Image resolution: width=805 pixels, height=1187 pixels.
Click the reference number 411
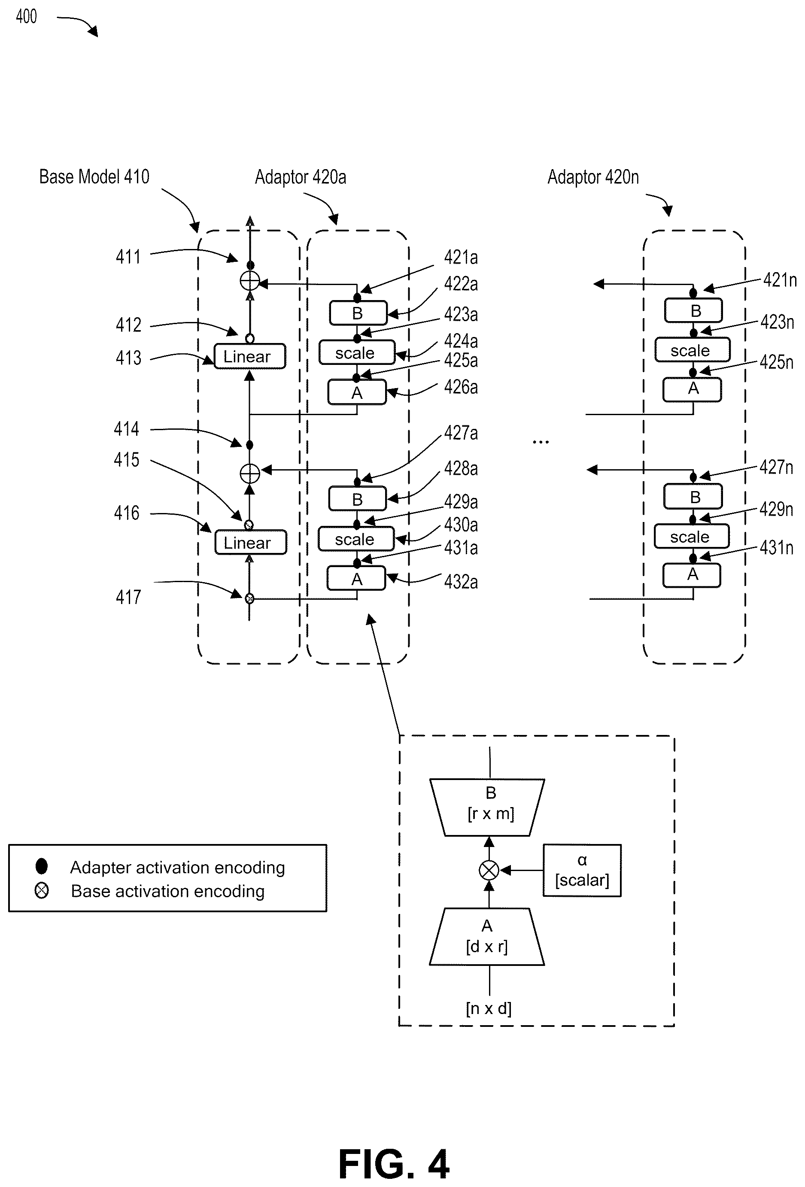[x=128, y=256]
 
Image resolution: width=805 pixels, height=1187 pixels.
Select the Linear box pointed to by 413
[x=249, y=356]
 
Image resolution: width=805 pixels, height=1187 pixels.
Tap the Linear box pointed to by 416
[x=250, y=543]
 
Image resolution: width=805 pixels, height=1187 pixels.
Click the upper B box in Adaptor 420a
[x=358, y=313]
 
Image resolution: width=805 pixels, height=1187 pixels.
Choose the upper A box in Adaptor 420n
[x=693, y=389]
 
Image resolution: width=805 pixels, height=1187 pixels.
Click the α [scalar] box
[x=582, y=870]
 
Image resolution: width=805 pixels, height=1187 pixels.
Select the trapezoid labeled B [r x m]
[x=487, y=807]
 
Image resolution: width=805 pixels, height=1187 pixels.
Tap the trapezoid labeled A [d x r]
[x=487, y=936]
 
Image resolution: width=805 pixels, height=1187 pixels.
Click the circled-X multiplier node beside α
[x=489, y=870]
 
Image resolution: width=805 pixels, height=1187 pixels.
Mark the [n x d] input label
[x=488, y=1008]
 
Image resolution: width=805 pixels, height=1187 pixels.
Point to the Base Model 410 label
[x=94, y=177]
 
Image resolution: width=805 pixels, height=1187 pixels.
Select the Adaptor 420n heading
[x=593, y=177]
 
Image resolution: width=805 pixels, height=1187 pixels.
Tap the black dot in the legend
[x=41, y=866]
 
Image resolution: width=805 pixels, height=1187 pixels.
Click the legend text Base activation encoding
[x=167, y=891]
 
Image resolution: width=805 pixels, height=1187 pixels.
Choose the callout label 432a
[x=461, y=582]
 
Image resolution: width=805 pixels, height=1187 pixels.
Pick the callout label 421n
[x=780, y=280]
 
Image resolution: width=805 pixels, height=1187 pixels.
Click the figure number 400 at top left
[x=26, y=16]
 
